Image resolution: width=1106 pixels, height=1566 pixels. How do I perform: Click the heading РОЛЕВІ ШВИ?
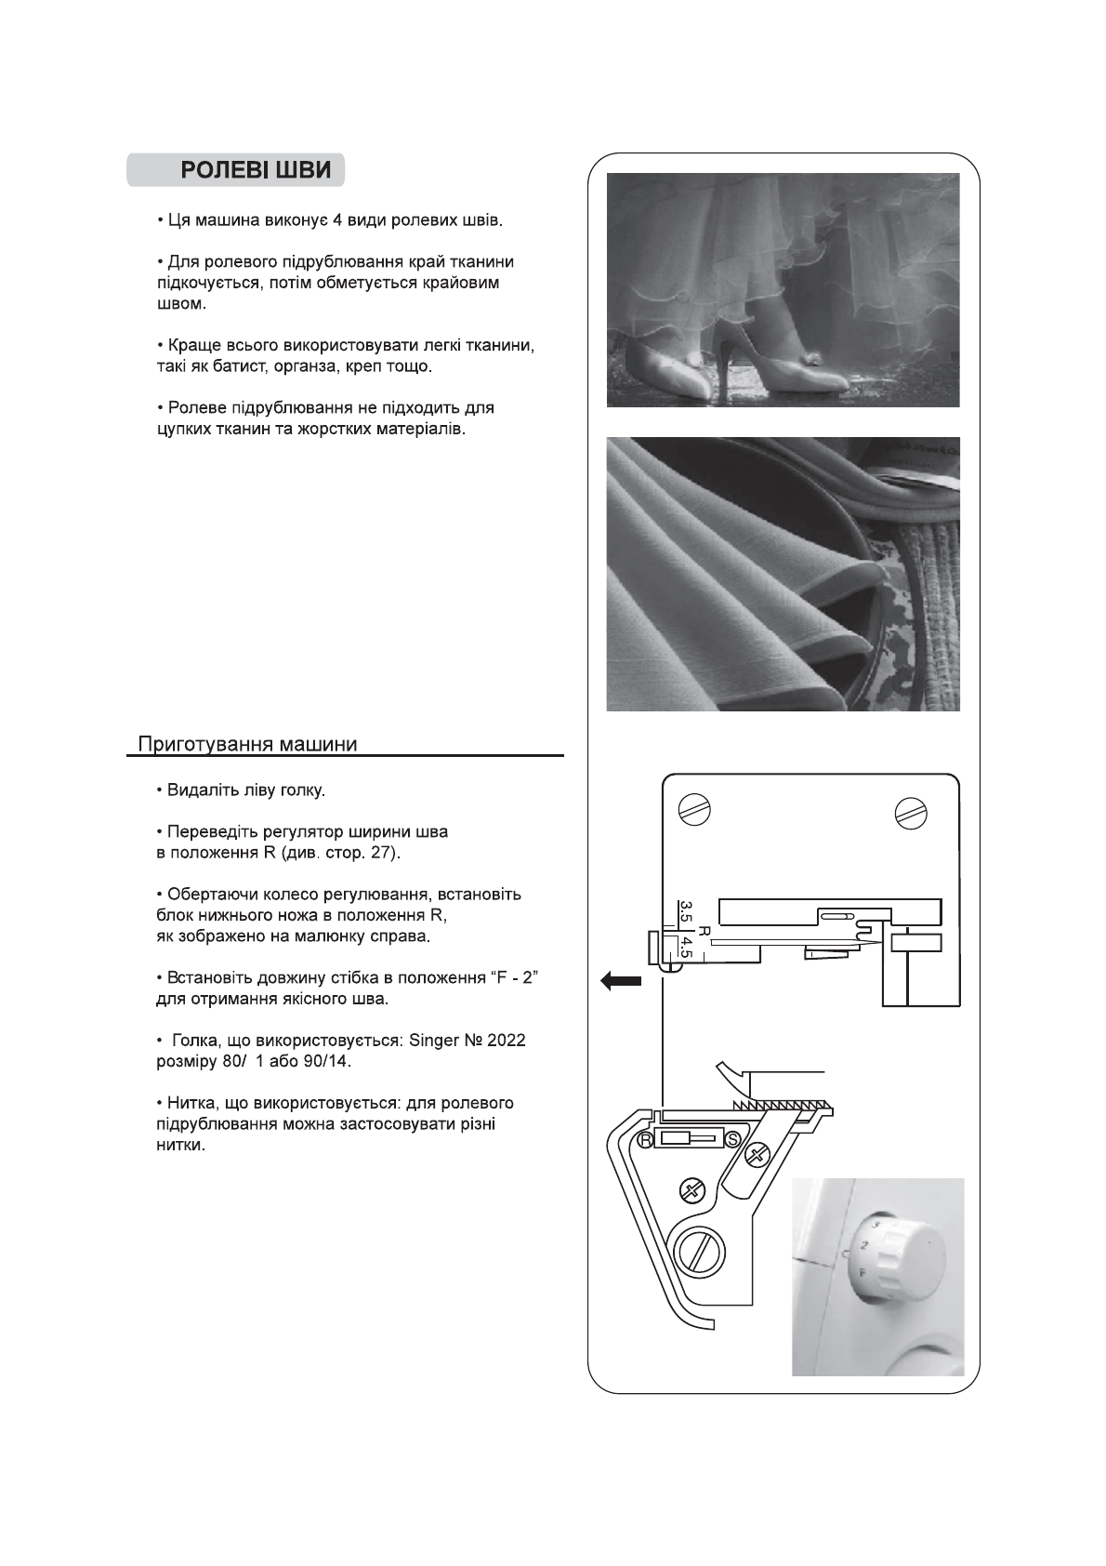click(x=255, y=170)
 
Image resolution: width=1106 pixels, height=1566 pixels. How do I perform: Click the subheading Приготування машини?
click(x=247, y=744)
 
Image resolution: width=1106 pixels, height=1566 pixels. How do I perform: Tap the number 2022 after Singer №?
click(x=506, y=1040)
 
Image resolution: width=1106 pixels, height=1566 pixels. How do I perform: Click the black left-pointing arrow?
click(x=620, y=980)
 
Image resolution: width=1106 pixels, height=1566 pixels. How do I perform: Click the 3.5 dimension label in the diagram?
click(x=685, y=910)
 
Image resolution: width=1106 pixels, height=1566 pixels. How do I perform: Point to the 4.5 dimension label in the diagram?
click(x=685, y=949)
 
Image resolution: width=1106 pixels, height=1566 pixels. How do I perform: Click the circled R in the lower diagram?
click(x=643, y=1140)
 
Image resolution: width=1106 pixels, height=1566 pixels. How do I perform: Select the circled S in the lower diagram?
click(x=732, y=1139)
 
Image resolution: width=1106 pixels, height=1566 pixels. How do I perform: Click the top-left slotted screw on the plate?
click(x=695, y=807)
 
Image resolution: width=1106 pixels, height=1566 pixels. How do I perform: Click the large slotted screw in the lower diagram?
click(x=694, y=1252)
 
